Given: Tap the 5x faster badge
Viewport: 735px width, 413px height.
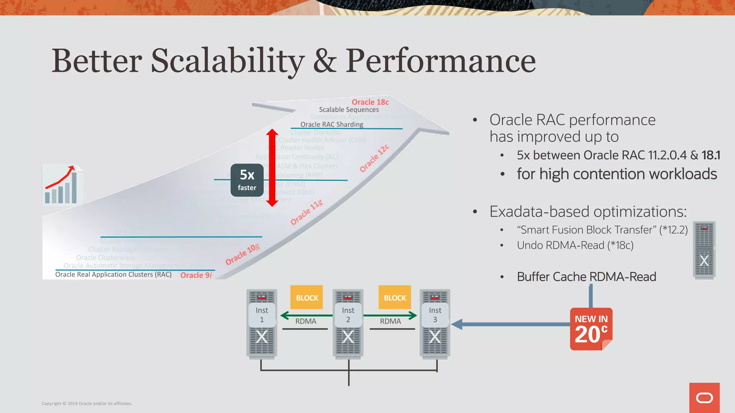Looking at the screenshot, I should pos(247,180).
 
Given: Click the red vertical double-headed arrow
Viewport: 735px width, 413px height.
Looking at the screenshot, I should pos(272,167).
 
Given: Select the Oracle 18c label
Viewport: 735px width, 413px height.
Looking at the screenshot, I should pos(370,102).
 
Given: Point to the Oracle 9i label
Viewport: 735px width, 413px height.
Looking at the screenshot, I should pos(196,275).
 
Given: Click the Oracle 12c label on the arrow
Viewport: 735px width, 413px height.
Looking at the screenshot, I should pos(374,158).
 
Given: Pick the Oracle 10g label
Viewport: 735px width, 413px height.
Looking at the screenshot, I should pos(242,255).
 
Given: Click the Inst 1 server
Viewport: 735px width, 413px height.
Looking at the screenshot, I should pos(262,323).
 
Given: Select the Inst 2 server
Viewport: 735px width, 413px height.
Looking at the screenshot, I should pos(348,323).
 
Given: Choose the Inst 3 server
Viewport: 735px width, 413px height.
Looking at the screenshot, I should pos(435,323).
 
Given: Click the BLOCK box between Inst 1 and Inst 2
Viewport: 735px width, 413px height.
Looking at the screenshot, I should pos(307,298).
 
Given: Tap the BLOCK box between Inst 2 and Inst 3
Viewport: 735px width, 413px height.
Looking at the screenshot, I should pos(395,298).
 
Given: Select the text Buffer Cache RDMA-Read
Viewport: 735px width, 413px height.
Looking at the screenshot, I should pos(586,277).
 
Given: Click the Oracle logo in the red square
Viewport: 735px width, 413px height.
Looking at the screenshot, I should pos(704,398).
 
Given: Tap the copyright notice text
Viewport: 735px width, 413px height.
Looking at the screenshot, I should pos(87,403).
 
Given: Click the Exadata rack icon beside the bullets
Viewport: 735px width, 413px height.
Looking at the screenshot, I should pos(704,250).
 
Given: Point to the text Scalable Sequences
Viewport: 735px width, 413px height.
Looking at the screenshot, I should pos(349,110).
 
